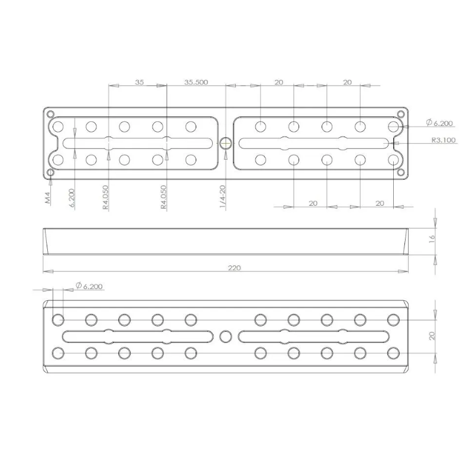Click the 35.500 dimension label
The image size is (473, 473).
(196, 82)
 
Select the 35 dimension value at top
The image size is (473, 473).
(139, 82)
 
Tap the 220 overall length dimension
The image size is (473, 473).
(235, 268)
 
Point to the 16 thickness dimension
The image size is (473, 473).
(432, 238)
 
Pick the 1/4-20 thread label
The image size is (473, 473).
(223, 196)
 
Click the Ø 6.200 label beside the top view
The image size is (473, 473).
(440, 123)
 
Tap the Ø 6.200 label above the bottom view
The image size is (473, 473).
(89, 286)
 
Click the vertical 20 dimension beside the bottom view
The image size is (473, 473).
(432, 335)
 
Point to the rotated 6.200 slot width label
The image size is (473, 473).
(72, 197)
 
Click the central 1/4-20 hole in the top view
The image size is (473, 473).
(225, 142)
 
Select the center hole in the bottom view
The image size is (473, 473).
(225, 336)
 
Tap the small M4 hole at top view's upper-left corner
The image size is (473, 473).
(51, 114)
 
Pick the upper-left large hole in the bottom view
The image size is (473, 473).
(58, 320)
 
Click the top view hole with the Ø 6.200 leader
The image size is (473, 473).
(393, 126)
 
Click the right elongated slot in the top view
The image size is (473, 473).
(313, 142)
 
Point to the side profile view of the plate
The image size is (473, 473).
(225, 241)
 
